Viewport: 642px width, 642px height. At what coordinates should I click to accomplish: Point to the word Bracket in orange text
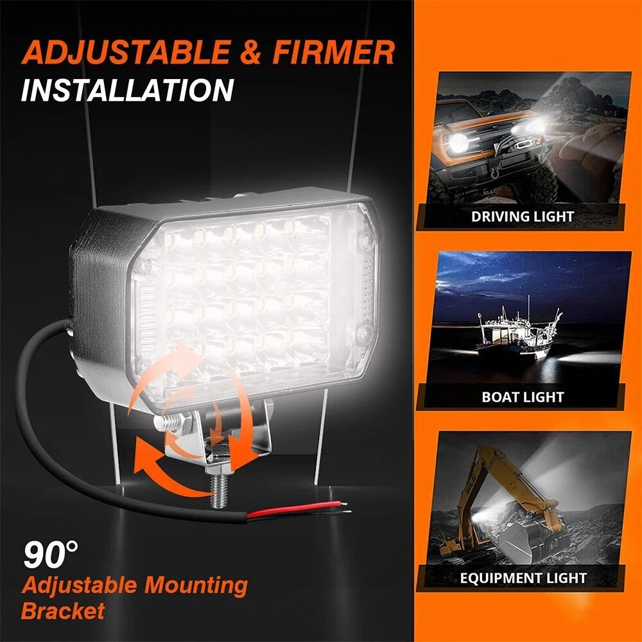[62, 610]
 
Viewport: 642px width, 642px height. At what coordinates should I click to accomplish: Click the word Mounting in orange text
[195, 585]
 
